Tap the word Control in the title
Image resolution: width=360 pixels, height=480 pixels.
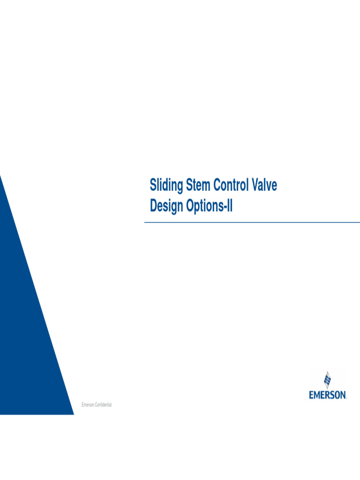tap(231, 186)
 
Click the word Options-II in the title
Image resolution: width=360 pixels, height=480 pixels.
tap(210, 206)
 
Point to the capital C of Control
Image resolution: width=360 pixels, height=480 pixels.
tap(217, 186)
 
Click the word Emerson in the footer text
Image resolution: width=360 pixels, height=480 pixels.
tap(88, 405)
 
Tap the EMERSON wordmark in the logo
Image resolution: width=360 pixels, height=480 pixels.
tap(328, 395)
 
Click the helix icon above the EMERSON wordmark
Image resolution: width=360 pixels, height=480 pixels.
tap(328, 380)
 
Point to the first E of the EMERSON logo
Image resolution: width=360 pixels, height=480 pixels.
tap(311, 395)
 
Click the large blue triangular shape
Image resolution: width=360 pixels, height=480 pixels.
tap(28, 328)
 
